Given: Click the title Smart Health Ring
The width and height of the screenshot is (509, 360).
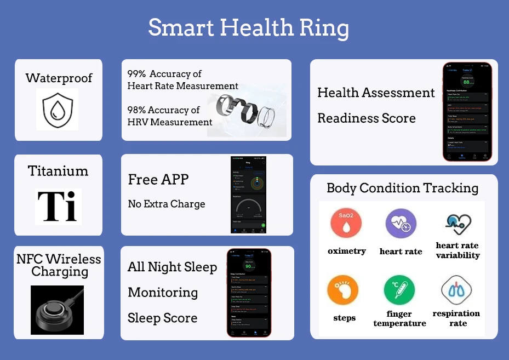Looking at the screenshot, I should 248,27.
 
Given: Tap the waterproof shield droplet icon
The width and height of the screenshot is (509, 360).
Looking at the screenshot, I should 58,110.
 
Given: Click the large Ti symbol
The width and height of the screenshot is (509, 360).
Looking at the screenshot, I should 58,207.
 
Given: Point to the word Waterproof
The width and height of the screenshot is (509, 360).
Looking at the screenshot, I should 59,78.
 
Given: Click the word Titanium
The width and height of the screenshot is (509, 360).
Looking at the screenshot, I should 58,171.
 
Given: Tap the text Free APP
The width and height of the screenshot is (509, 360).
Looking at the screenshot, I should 158,179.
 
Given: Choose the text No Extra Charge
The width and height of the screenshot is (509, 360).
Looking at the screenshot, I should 166,204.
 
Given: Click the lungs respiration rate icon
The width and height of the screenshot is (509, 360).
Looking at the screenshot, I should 456,290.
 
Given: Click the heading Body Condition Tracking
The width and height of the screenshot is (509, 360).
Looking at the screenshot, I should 402,188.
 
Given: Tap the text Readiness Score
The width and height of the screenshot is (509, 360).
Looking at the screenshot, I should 366,118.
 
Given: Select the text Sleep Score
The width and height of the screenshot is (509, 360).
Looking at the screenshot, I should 162,318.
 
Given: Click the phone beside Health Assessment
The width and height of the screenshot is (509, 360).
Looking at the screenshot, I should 467,112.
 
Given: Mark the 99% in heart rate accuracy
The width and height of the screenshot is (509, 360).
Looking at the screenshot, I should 136,74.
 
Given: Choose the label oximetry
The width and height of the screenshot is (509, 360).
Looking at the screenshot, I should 346,251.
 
